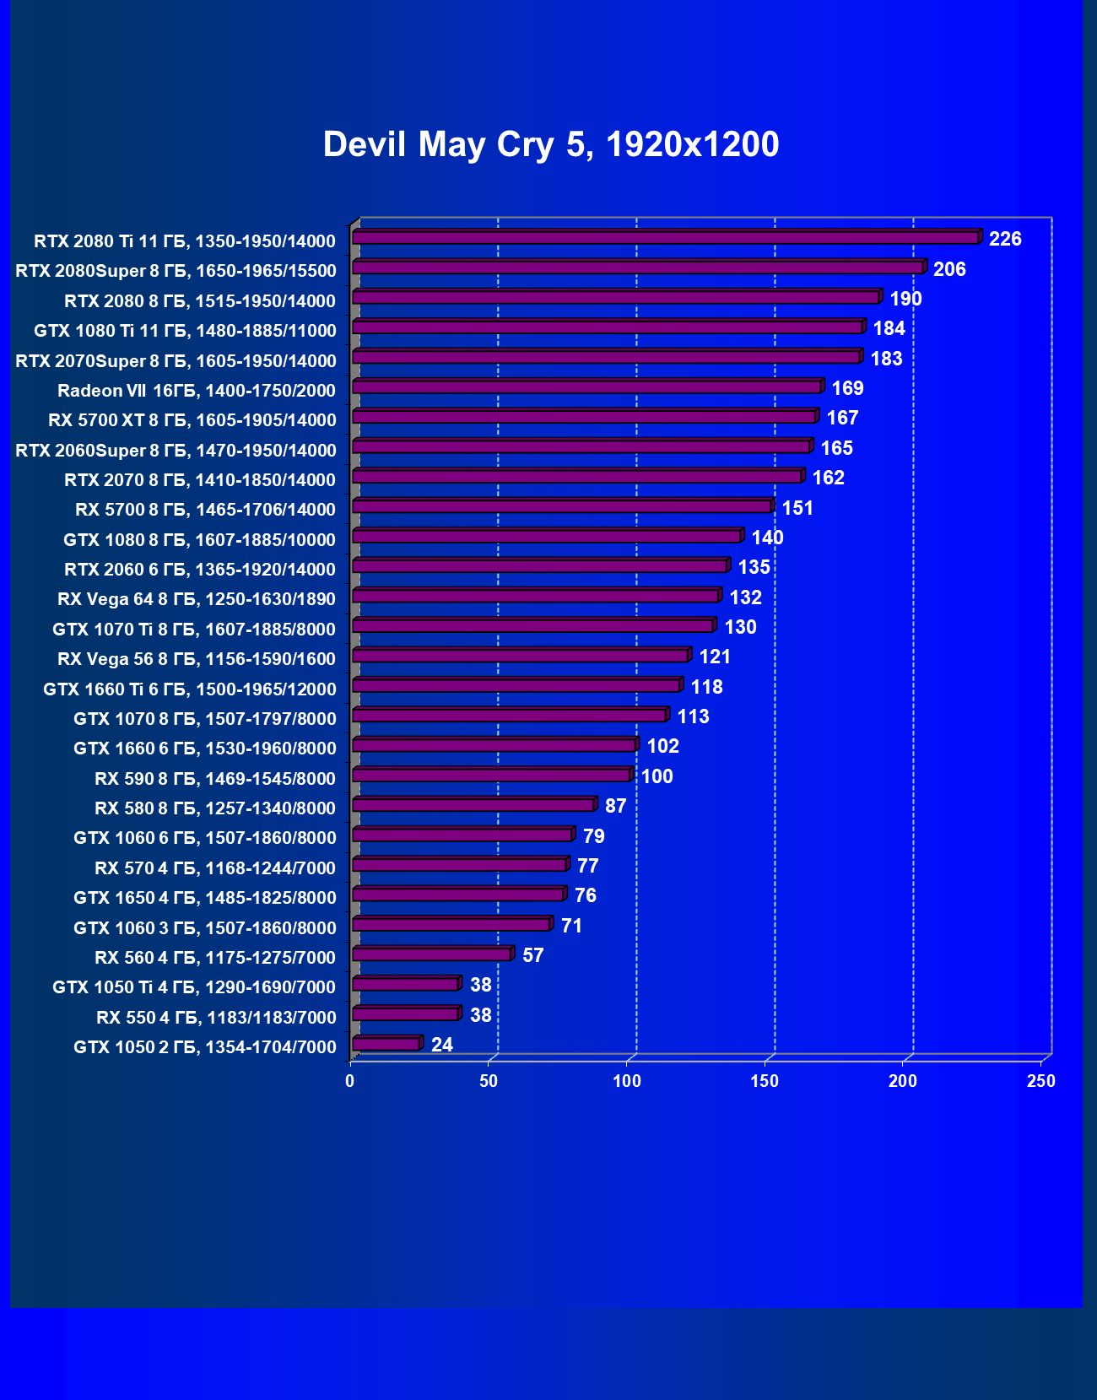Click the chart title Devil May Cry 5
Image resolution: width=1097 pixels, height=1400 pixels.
[550, 144]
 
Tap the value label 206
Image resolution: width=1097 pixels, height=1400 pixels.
[949, 269]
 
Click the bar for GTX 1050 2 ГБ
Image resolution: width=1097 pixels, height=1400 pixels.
[386, 1045]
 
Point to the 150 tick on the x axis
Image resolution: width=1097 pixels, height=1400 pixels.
[765, 1081]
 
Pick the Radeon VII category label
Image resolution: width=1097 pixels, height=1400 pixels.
[196, 390]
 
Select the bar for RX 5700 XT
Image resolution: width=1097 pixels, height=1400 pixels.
[583, 417]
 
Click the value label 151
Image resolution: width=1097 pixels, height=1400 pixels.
[797, 508]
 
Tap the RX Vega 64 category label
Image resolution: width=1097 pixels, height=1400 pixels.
[196, 599]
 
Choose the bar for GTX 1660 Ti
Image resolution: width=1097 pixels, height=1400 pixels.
[516, 686]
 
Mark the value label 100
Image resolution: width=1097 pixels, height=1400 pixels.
[657, 776]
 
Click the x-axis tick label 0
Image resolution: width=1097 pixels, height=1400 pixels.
[350, 1081]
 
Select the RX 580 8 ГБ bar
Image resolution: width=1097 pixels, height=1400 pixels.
[473, 805]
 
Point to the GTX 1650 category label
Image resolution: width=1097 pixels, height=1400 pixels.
[204, 897]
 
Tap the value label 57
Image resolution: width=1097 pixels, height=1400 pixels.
[533, 955]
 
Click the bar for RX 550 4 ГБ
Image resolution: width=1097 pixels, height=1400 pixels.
[405, 1014]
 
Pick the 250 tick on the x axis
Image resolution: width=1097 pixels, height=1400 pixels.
[1041, 1081]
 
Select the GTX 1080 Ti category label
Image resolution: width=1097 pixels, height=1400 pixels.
[185, 330]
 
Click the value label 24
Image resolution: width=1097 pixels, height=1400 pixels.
[442, 1045]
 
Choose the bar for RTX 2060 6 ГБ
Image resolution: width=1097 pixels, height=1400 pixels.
[539, 566]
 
